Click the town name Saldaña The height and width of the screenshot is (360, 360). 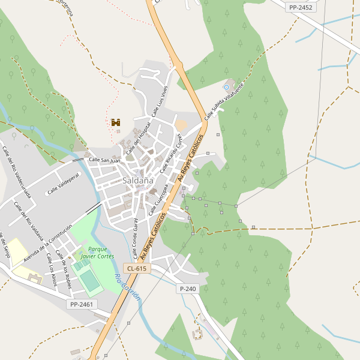point(138,180)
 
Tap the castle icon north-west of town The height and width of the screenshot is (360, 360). point(116,122)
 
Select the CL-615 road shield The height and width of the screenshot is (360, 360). point(136,268)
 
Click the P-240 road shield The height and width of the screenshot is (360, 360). point(188,289)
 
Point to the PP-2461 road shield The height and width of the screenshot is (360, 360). point(82,304)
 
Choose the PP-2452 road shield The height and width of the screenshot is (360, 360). point(301,7)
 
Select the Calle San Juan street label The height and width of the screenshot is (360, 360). point(104,160)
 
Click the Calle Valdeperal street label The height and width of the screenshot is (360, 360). point(64,184)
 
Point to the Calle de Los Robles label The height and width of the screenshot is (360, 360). point(63,269)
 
